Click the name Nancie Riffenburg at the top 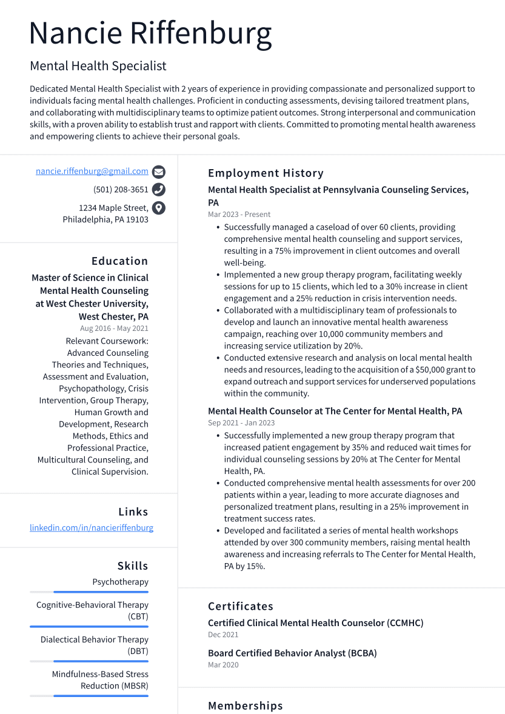150,33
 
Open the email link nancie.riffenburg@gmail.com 92,172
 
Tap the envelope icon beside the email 159,172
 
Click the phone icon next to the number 159,190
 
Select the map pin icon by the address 159,208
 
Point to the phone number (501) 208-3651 121,190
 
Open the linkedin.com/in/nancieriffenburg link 92,528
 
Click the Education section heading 119,261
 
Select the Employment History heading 266,173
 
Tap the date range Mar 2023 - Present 239,215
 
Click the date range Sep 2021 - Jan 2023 241,423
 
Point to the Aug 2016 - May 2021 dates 114,329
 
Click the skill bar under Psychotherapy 101,592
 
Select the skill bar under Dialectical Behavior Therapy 101,661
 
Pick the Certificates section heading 241,606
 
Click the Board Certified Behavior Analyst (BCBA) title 292,653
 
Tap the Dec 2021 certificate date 223,635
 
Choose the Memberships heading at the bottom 246,706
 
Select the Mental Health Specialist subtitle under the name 98,66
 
